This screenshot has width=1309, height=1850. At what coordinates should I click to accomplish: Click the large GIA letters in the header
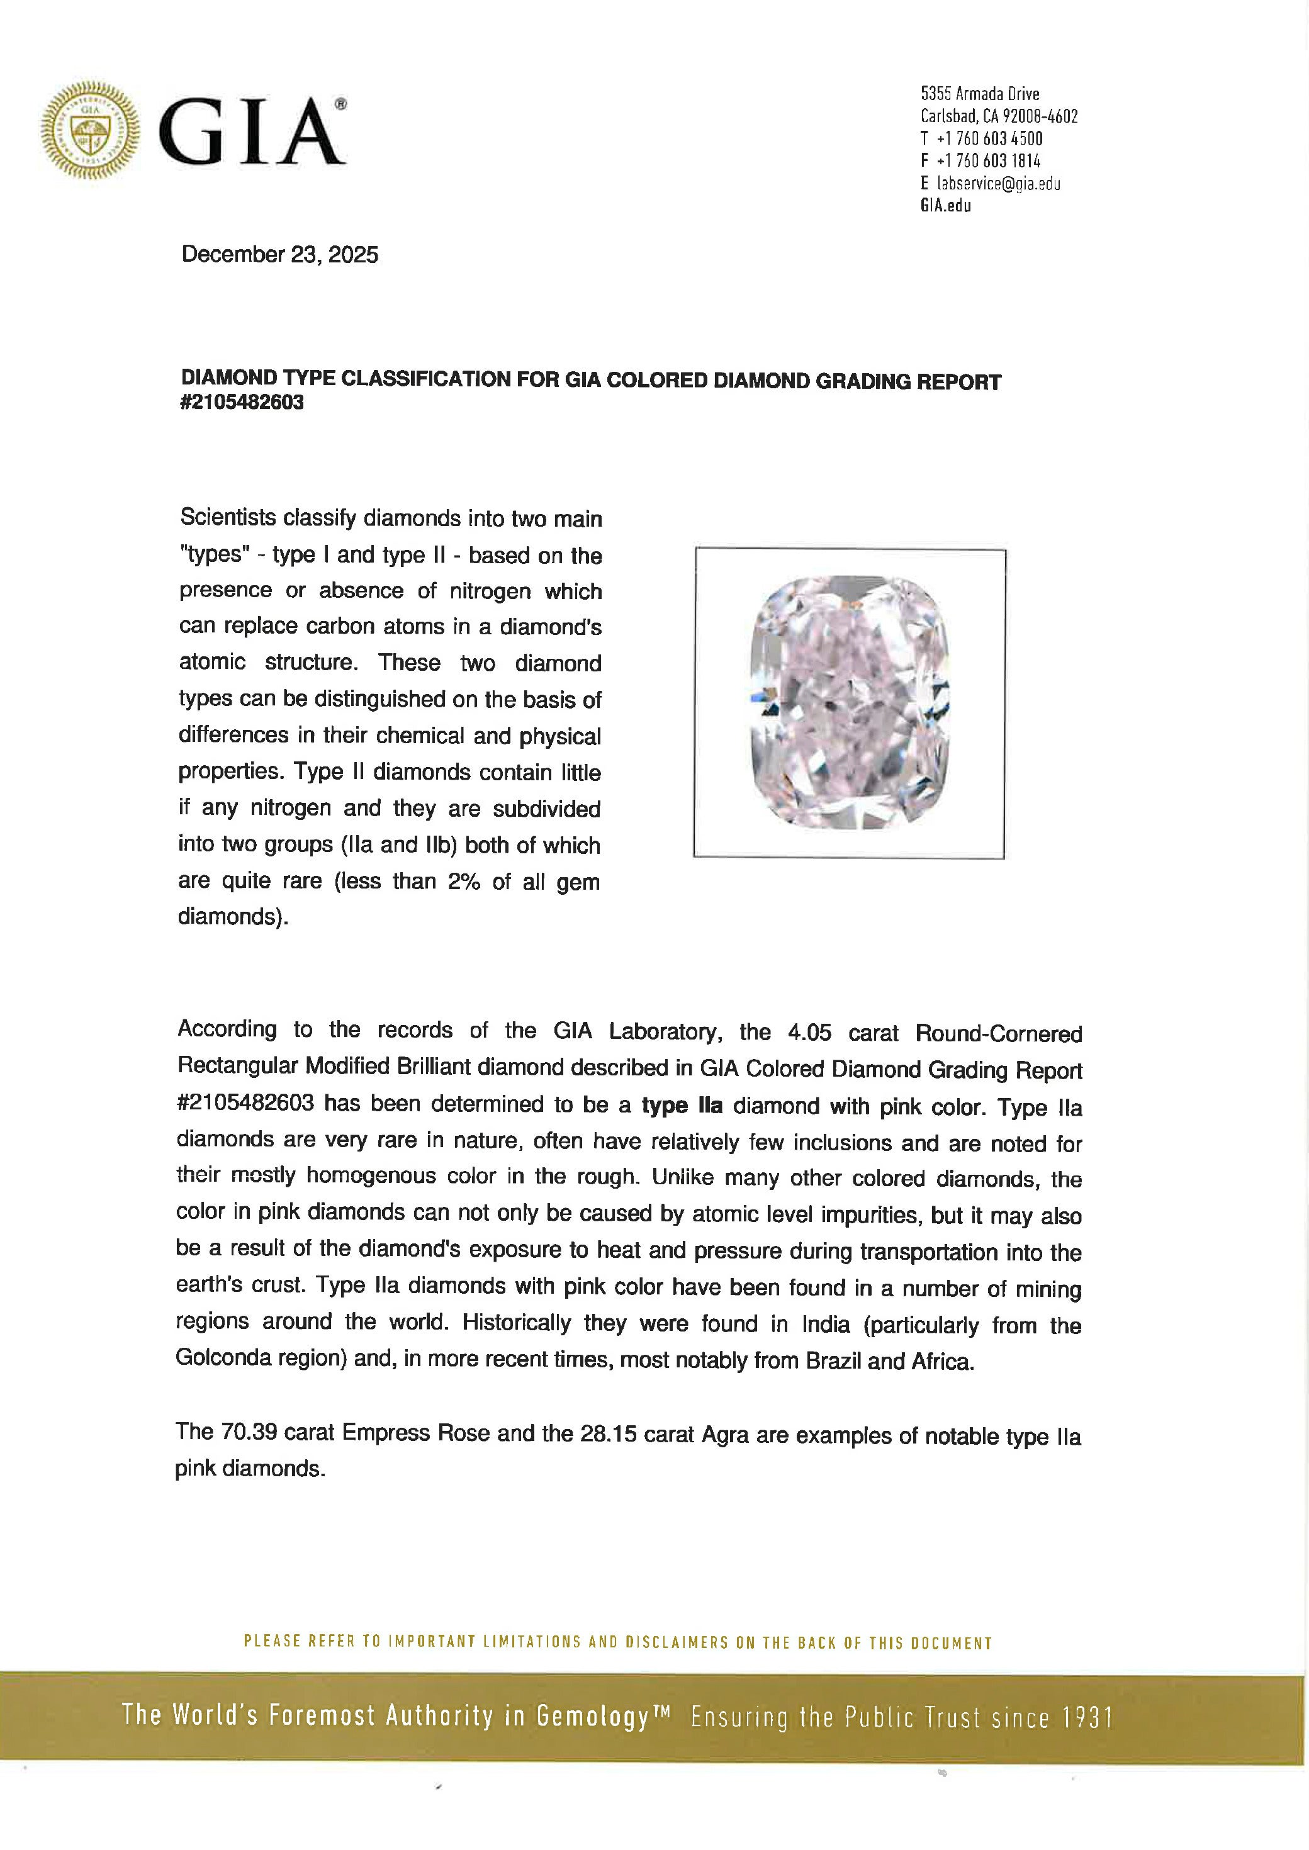(x=252, y=132)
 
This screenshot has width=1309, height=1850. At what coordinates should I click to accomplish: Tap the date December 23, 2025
(x=279, y=255)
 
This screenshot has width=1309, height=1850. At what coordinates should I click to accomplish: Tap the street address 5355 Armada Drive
(x=979, y=94)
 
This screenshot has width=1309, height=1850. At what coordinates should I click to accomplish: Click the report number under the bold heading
(x=243, y=402)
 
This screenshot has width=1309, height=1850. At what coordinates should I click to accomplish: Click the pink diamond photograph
(x=849, y=703)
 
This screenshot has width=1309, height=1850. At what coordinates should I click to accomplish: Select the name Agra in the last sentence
(x=726, y=1435)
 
